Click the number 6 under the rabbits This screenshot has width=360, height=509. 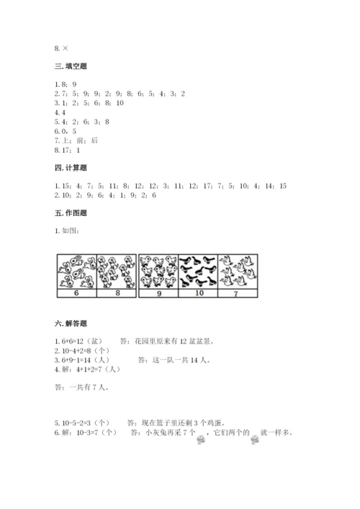point(76,294)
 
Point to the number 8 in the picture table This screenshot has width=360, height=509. point(116,294)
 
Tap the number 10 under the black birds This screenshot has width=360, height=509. point(197,294)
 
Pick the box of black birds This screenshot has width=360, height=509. point(198,271)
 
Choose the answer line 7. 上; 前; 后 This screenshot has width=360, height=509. point(76,140)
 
